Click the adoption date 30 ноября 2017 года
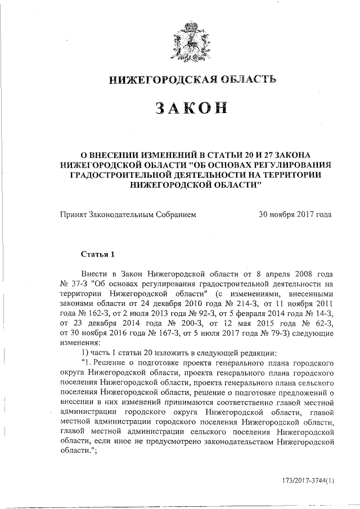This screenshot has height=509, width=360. [x=294, y=214]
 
